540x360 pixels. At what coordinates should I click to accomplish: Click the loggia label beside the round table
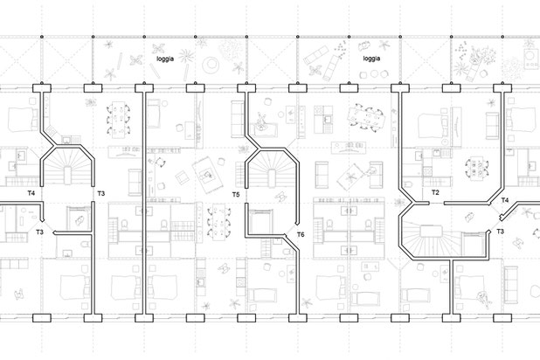[x=165, y=59]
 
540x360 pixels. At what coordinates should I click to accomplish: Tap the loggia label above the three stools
[x=371, y=59]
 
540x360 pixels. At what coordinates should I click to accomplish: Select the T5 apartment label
[x=236, y=195]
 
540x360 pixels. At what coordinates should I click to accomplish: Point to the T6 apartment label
[x=301, y=234]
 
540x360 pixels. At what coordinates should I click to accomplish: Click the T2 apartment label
[x=435, y=192]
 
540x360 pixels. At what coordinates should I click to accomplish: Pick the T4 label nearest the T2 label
[x=504, y=200]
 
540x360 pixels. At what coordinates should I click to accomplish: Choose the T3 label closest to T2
[x=500, y=232]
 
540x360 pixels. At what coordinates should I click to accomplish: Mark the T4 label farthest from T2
[x=31, y=193]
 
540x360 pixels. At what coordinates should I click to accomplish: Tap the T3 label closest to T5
[x=100, y=194]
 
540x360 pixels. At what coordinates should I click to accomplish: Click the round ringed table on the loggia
[x=211, y=64]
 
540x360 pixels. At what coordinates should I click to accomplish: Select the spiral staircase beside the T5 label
[x=272, y=168]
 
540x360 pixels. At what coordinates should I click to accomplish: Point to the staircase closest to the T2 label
[x=431, y=239]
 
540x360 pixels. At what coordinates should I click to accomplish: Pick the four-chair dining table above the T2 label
[x=476, y=168]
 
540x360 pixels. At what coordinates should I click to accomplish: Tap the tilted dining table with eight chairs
[x=365, y=118]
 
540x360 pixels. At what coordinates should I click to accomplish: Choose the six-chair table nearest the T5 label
[x=218, y=223]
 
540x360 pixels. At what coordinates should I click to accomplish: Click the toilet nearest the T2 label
[x=408, y=184]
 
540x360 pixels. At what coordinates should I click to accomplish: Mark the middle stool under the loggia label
[x=374, y=73]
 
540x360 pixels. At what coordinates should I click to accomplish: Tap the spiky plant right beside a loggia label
[x=187, y=55]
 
